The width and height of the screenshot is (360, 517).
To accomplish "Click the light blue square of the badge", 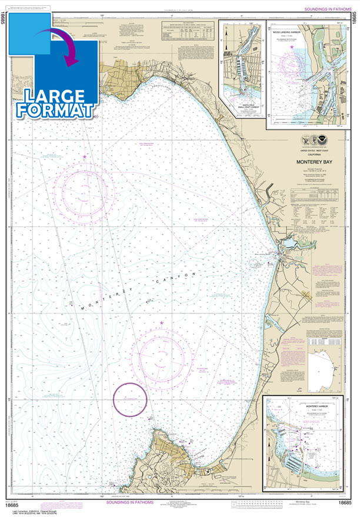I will coord(32,26).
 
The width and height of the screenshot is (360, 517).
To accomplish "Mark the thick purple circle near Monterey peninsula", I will coord(130,399).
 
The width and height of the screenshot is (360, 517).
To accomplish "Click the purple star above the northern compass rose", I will coord(85,156).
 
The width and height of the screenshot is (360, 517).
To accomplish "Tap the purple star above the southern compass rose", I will coord(161,323).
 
